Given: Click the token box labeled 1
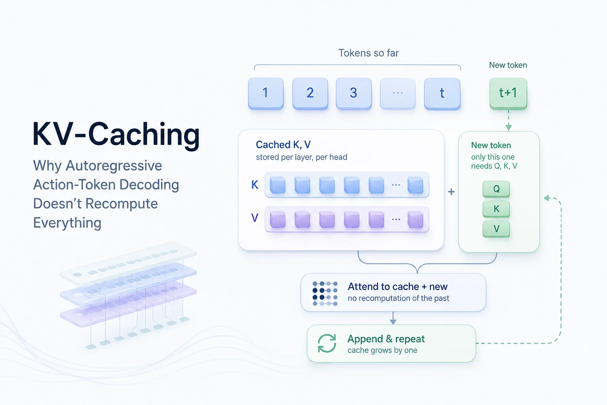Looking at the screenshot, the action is click(266, 94).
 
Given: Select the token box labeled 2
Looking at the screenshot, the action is click(310, 94).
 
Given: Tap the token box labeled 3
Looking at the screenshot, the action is click(354, 94).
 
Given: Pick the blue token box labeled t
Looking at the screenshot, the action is click(442, 94).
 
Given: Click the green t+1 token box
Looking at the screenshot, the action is click(508, 94).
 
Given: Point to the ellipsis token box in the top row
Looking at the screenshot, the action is click(398, 94).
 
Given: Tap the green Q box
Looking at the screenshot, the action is click(496, 189).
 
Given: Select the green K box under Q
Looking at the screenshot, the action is click(496, 209).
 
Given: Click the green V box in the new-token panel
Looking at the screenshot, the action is click(496, 229).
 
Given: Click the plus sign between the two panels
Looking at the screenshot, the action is click(451, 192).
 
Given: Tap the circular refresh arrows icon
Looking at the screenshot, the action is click(327, 343).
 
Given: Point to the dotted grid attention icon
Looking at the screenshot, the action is click(325, 293).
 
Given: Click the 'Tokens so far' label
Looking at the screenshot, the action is click(369, 53).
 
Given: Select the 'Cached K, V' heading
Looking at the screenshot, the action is click(283, 145).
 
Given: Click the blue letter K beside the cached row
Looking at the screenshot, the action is click(255, 185).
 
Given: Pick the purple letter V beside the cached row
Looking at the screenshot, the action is click(255, 218).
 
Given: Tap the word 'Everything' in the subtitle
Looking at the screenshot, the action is click(67, 223).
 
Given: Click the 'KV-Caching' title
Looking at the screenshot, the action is click(116, 135).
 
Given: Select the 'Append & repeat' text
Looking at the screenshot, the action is click(386, 339).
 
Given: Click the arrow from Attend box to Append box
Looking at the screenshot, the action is click(393, 318).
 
